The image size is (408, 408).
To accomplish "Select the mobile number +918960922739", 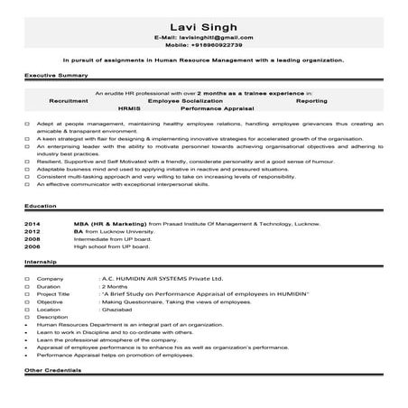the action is pyautogui.click(x=215, y=44).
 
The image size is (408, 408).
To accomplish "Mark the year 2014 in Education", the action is pyautogui.click(x=32, y=247).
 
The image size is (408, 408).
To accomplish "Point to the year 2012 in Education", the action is pyautogui.click(x=32, y=255).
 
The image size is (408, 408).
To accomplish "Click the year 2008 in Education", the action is pyautogui.click(x=32, y=263).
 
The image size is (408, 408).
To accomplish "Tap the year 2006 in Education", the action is pyautogui.click(x=32, y=271).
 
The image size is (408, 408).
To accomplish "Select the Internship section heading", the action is pyautogui.click(x=42, y=286).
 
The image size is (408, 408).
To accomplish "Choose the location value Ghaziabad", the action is pyautogui.click(x=118, y=336).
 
